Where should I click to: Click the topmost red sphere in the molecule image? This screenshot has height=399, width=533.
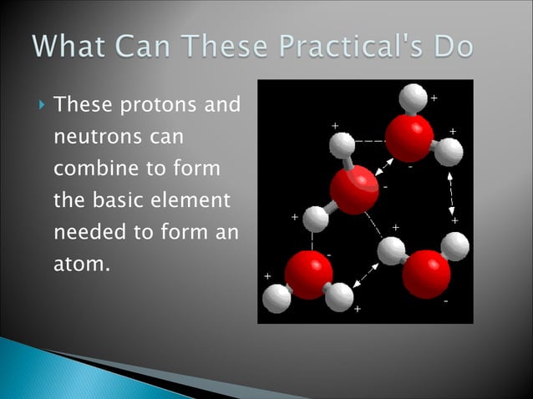click(x=409, y=136)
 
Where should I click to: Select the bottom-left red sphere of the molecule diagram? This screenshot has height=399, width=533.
click(x=308, y=275)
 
